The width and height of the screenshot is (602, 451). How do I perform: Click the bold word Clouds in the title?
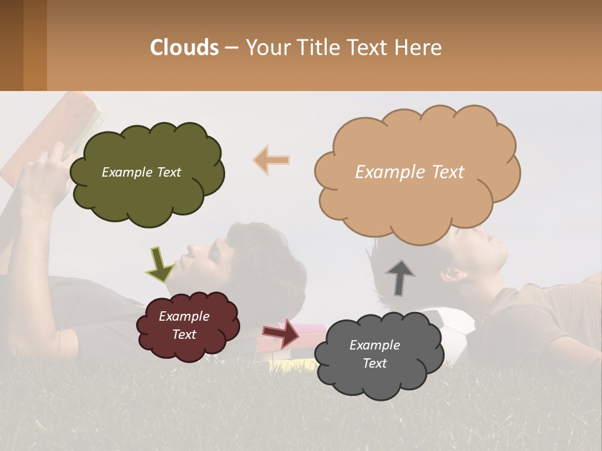[184, 47]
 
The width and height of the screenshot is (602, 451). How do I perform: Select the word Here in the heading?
[419, 47]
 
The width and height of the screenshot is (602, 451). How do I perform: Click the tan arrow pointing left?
[272, 160]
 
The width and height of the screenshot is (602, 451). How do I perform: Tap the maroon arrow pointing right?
[280, 333]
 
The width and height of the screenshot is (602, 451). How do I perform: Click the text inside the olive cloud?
[141, 172]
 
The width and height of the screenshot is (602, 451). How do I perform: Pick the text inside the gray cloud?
[374, 354]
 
